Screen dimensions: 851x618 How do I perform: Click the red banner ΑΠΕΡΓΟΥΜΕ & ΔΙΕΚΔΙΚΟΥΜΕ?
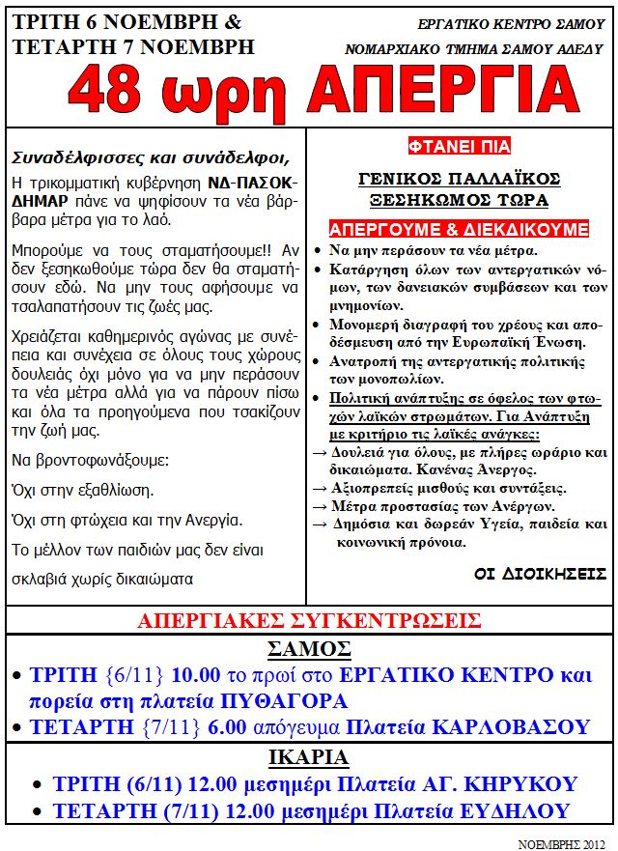tap(459, 230)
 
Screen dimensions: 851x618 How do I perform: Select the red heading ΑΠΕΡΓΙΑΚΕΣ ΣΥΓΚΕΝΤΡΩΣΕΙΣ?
tap(309, 620)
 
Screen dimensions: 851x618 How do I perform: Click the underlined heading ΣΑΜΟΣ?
tap(309, 648)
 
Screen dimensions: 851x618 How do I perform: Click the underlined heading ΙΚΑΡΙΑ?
tap(309, 756)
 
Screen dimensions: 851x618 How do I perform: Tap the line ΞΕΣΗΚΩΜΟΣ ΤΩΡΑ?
tap(459, 200)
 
